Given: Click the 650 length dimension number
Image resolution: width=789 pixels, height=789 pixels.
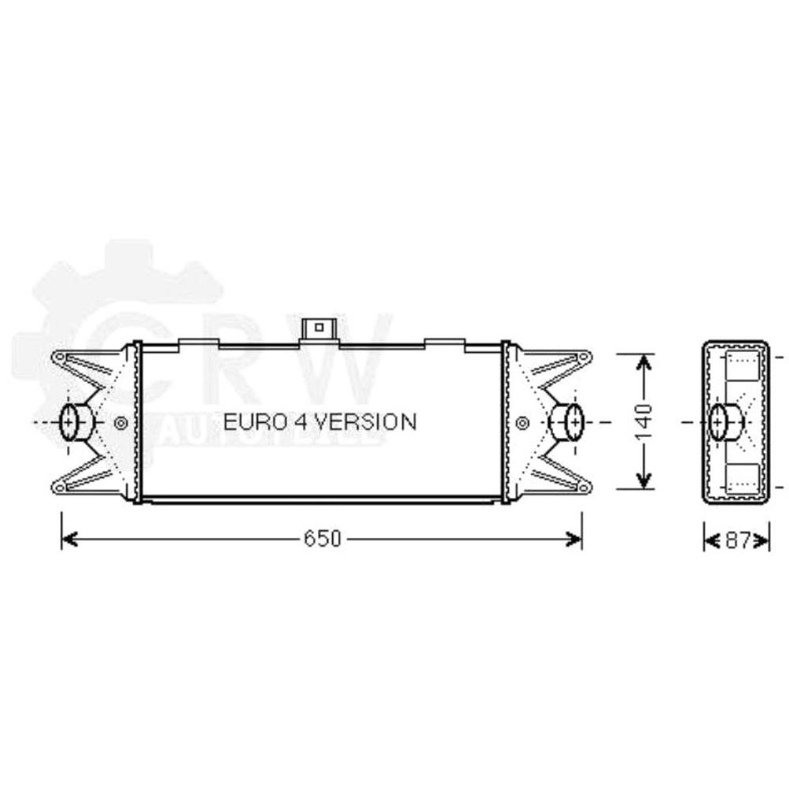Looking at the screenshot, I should point(322,539).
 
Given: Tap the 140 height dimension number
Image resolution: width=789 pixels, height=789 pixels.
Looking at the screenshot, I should point(645,421).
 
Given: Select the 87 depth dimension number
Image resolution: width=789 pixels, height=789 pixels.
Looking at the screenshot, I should point(736,540).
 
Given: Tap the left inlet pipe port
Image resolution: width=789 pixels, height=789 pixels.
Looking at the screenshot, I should point(75,422).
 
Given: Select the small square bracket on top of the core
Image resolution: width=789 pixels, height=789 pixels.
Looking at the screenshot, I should point(320,327).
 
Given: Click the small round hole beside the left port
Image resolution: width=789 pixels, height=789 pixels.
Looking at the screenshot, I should point(120,423).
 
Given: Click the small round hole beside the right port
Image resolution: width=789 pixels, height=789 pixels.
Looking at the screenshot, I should point(522,423).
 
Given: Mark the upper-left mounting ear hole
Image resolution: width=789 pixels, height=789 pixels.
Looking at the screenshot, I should point(58,358).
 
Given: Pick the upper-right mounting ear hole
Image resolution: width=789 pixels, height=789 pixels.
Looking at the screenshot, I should point(584,358).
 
